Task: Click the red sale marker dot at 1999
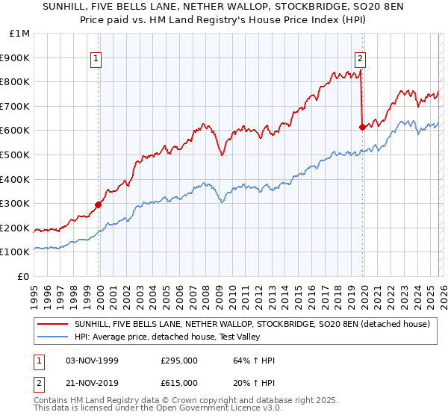tap(99, 204)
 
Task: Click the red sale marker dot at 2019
tap(362, 126)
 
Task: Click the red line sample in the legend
tap(54, 325)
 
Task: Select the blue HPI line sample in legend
tap(54, 337)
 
